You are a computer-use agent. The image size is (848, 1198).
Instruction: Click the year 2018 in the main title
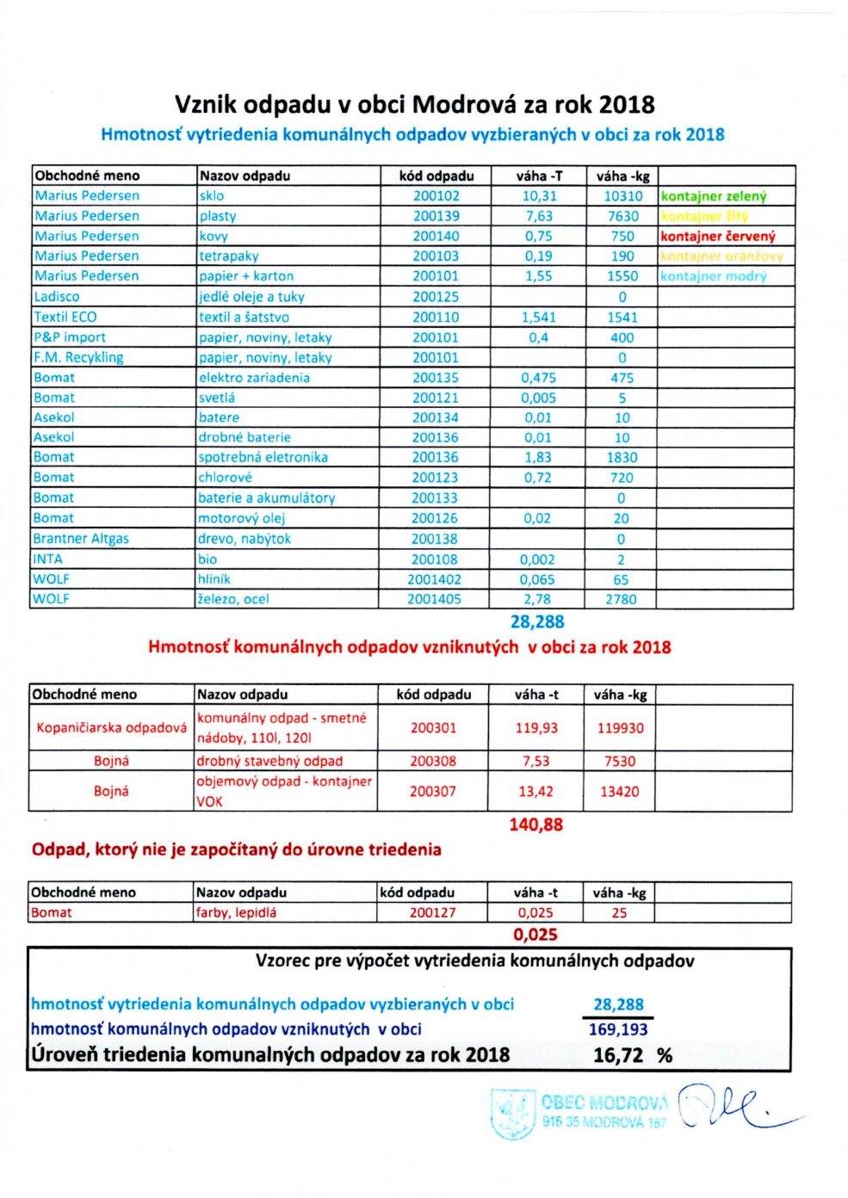pos(626,105)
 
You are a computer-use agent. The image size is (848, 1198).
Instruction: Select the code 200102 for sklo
pos(436,196)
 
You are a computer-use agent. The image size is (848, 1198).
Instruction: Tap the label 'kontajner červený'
pos(718,237)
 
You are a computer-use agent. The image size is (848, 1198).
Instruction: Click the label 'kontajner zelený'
pos(714,196)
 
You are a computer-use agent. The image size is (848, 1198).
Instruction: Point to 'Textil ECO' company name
pos(65,317)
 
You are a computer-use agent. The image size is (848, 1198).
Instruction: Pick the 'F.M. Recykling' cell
pos(78,357)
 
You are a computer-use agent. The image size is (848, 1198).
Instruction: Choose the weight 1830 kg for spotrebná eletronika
pos(622,458)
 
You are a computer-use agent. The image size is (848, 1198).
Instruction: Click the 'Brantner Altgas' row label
pos(81,539)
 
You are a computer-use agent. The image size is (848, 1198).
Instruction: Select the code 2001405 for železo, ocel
pos(434,599)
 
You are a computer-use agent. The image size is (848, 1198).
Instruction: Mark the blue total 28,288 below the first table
pos(537,621)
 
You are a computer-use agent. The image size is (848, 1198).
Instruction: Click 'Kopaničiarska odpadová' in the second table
pos(111,728)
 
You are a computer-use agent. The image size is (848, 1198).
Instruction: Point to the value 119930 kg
pos(620,728)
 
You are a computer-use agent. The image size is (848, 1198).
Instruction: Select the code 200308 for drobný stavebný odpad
pos(433,762)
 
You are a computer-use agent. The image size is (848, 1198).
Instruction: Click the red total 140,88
pos(535,824)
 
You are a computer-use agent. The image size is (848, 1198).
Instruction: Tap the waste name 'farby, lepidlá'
pos(236,913)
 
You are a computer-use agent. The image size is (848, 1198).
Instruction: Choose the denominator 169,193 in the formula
pos(618,1029)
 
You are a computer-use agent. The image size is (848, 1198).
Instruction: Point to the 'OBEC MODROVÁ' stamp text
pos(604,1102)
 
